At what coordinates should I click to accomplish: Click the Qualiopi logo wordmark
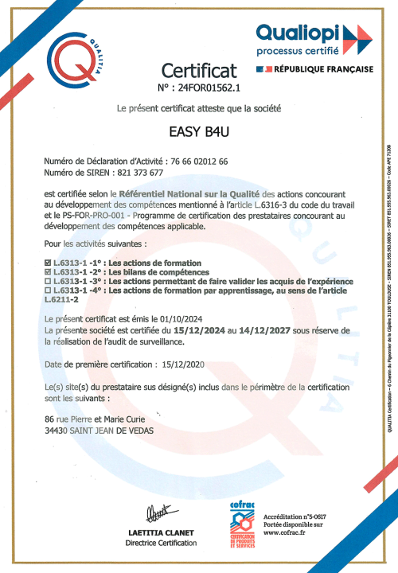click(299, 33)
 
